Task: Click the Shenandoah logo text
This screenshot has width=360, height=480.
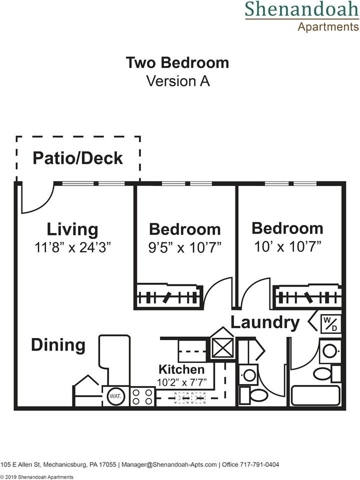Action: point(301,9)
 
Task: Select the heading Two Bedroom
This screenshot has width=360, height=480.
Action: point(177,63)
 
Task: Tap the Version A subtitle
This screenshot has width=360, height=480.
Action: point(177,81)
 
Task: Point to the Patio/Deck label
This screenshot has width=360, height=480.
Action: point(77,158)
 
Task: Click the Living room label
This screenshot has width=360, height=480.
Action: point(72,229)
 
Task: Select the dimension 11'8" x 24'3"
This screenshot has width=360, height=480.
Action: point(72,247)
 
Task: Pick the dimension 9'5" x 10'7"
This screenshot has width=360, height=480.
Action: point(185,247)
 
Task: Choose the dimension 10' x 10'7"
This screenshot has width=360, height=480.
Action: point(287,245)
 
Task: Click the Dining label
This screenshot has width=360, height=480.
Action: point(58,345)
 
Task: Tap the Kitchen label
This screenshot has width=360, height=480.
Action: point(181,369)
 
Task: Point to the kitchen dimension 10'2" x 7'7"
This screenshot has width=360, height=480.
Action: point(181,383)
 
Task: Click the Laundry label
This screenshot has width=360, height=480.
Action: point(265,322)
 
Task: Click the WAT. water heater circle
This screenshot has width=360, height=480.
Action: point(114,397)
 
